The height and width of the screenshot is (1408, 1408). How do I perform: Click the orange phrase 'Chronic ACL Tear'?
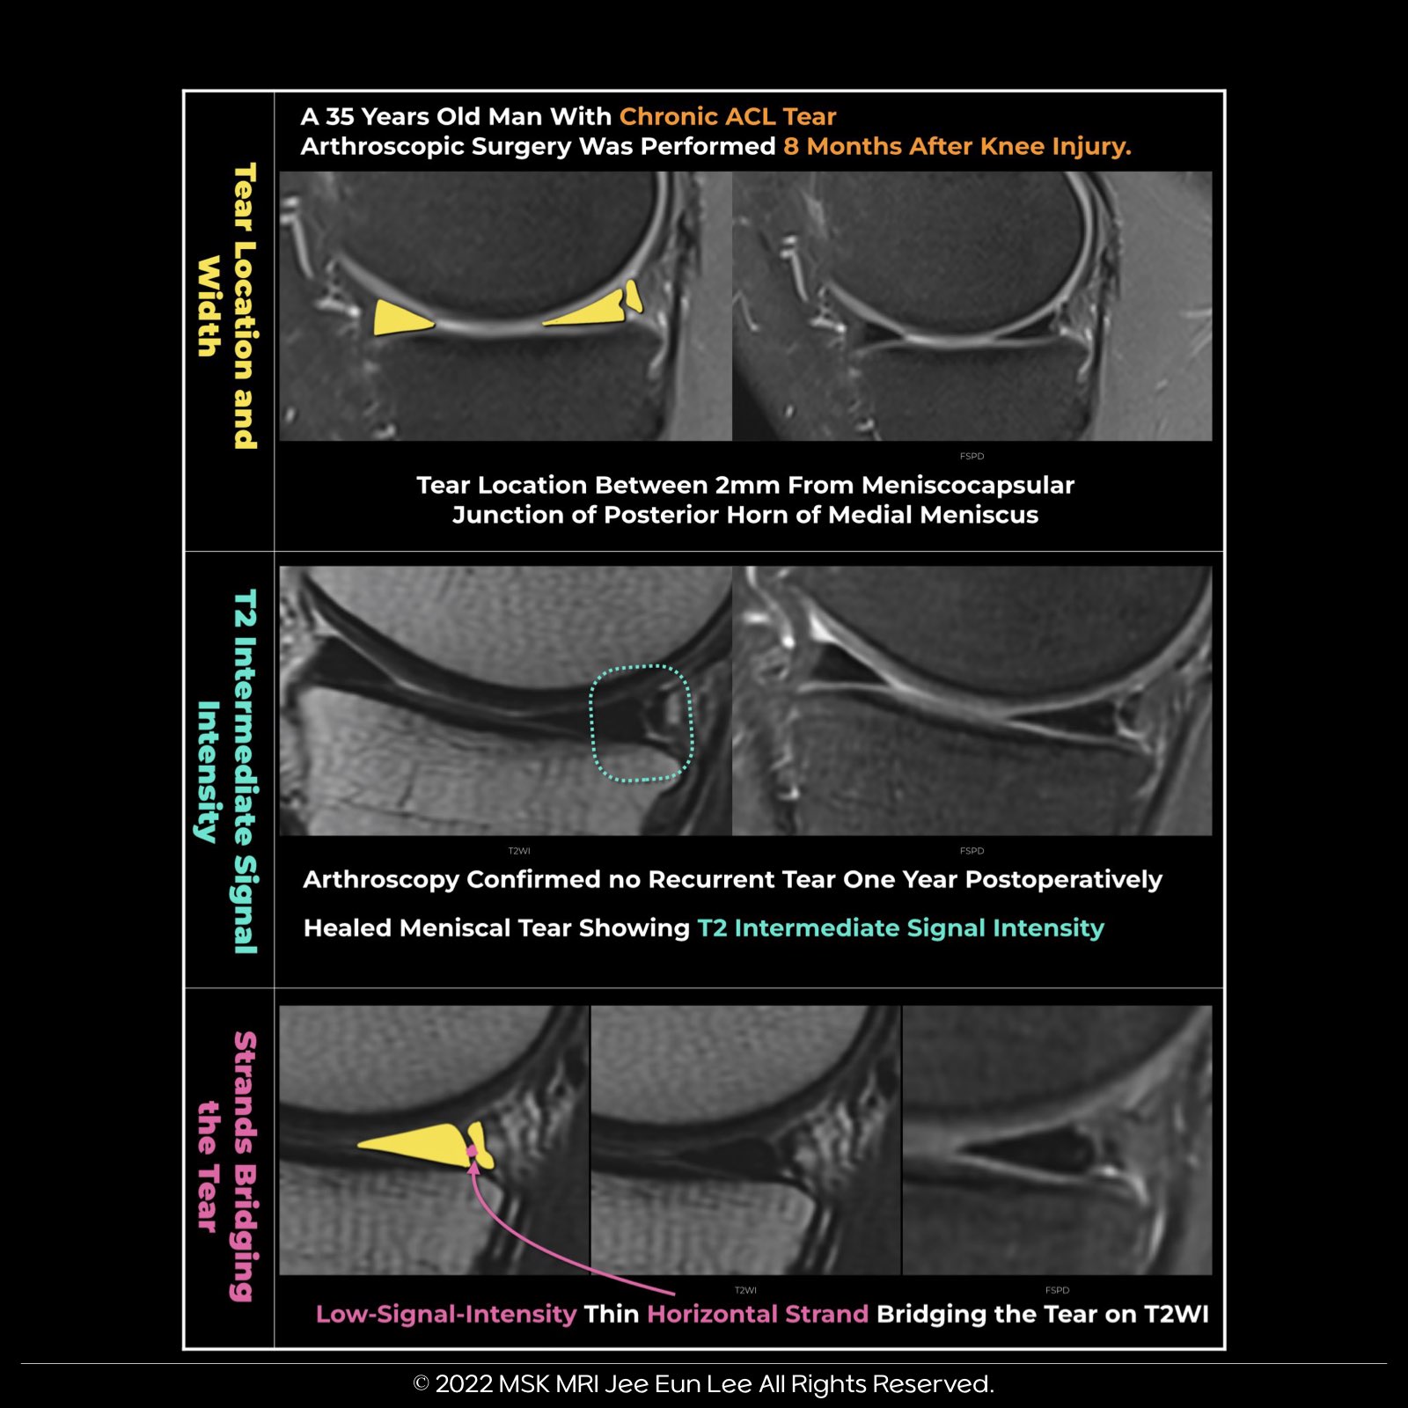(x=727, y=116)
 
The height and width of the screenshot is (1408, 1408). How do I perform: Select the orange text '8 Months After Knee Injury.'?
(x=957, y=146)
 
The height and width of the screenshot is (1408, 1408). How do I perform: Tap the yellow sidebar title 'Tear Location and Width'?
(x=227, y=305)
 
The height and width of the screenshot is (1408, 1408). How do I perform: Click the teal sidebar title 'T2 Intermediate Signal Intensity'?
(x=227, y=771)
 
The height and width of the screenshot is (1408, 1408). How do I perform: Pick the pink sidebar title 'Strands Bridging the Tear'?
(x=227, y=1165)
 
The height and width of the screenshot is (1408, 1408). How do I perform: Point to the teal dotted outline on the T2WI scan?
(x=641, y=723)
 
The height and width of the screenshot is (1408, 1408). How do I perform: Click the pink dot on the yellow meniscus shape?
(x=473, y=1150)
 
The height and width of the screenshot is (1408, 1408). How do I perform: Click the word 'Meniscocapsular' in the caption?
(x=967, y=485)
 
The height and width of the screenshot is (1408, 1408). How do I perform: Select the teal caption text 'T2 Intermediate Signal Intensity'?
(x=900, y=928)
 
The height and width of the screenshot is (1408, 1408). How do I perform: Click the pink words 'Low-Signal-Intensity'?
(x=445, y=1314)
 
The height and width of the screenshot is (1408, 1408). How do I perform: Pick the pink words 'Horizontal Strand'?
(x=758, y=1314)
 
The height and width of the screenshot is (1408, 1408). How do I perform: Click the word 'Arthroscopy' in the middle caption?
(x=380, y=879)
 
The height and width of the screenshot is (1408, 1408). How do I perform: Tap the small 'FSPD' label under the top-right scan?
(x=972, y=456)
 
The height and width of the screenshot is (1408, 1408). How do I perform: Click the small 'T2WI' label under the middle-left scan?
(x=519, y=851)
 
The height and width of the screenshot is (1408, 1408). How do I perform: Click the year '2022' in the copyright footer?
(x=464, y=1384)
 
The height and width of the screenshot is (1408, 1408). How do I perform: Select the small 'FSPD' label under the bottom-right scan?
(x=1057, y=1290)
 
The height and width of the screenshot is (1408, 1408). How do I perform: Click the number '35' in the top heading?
(x=340, y=116)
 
